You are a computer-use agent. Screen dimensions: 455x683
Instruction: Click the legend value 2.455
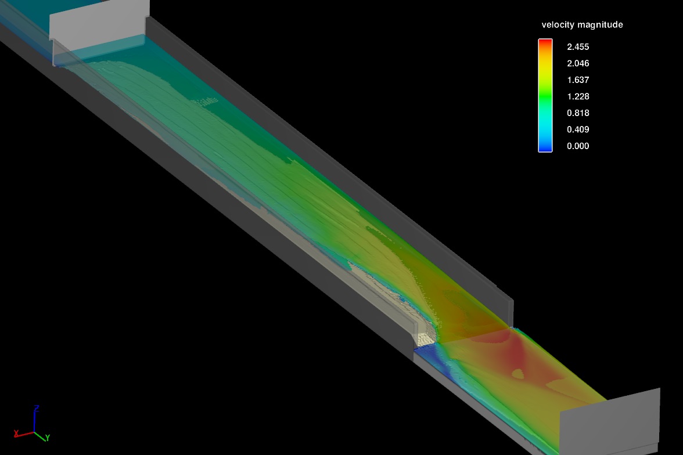tap(578, 46)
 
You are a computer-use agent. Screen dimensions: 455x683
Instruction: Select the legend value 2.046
tap(578, 63)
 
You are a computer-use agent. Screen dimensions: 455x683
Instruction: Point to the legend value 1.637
tap(578, 80)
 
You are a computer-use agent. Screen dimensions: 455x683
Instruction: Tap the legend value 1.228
tap(578, 96)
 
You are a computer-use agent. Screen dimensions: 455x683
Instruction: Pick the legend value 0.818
tap(578, 113)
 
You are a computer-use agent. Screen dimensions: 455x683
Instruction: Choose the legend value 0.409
tap(578, 129)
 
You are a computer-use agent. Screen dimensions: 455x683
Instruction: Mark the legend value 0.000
tap(578, 146)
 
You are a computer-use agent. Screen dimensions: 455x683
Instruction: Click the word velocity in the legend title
tap(558, 25)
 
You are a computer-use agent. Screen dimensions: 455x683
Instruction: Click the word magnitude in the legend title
tap(601, 25)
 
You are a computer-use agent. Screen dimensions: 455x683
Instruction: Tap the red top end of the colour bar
tap(545, 42)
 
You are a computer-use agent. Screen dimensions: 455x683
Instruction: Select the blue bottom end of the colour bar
tap(545, 148)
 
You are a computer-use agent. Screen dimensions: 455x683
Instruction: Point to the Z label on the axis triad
tap(36, 408)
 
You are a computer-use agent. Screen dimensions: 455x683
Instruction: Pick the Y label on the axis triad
tap(48, 436)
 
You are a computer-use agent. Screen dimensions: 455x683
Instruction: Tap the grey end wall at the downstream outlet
tap(610, 421)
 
